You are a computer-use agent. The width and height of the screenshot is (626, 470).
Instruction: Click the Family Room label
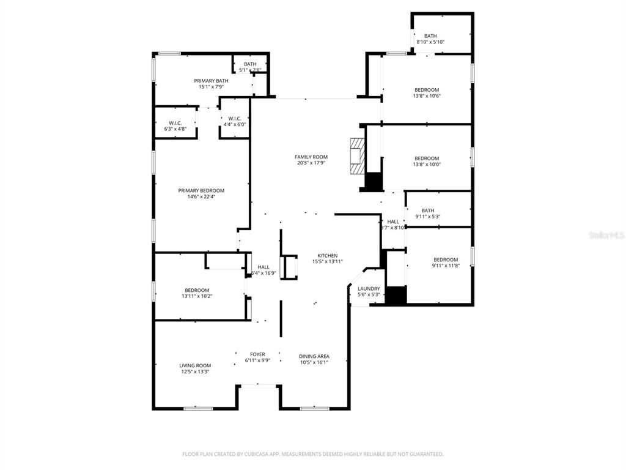point(311,157)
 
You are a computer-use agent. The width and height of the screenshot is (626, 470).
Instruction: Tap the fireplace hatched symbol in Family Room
point(357,156)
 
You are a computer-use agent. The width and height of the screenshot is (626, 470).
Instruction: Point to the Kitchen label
point(327,255)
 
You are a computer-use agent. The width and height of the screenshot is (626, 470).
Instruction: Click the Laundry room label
point(369,289)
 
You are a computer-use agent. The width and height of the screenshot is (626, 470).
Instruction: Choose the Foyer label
point(257,354)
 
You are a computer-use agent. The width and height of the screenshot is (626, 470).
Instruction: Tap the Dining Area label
point(314,356)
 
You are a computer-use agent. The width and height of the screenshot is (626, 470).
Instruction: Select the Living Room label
point(195,365)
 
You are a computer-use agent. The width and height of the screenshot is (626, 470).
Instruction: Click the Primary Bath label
point(211,81)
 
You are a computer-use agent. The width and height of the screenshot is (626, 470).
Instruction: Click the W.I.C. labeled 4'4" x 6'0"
point(234,119)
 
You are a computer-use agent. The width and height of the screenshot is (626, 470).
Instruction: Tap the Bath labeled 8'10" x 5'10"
point(430,36)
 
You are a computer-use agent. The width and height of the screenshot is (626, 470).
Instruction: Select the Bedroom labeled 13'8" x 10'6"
point(427,90)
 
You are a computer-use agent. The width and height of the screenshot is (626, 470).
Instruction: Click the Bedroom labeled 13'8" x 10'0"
point(427,158)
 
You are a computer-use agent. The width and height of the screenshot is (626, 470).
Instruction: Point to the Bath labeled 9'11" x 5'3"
point(427,211)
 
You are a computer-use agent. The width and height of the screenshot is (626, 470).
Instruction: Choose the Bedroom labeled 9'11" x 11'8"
point(446,259)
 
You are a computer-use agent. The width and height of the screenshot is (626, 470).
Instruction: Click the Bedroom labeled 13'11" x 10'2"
point(197,290)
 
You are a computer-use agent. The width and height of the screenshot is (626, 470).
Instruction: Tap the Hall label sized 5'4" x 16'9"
point(263,267)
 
